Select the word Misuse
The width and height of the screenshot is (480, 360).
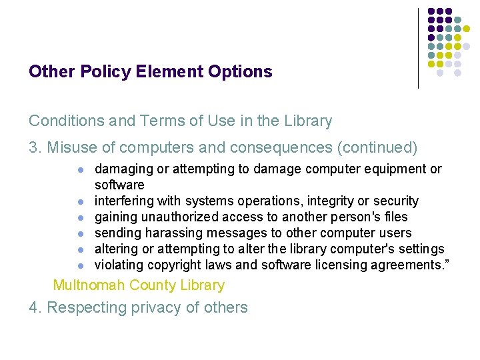tap(70, 147)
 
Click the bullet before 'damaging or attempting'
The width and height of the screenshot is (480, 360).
tap(80, 169)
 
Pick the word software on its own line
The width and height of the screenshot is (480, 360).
tap(119, 185)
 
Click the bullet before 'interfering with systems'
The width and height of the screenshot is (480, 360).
tap(80, 201)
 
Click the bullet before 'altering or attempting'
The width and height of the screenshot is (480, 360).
tap(80, 249)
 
